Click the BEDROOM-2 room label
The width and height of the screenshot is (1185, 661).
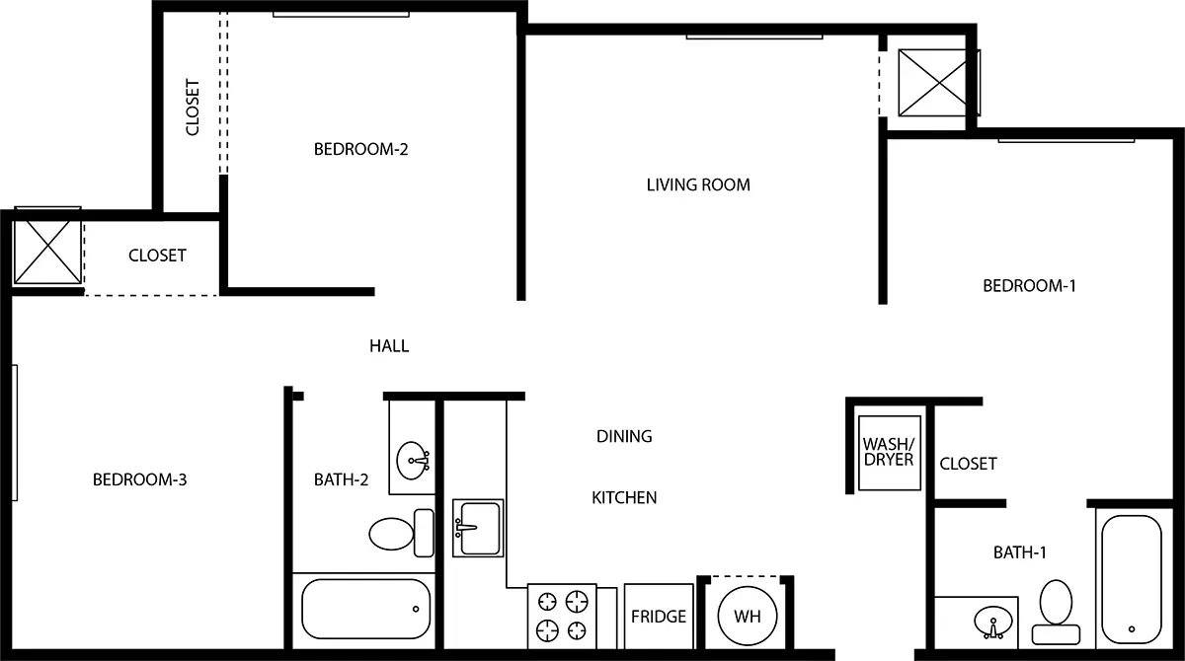[360, 150]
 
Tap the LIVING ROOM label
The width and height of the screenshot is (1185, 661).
[698, 184]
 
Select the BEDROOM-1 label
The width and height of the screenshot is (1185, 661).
[1029, 286]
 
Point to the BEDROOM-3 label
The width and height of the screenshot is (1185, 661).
[140, 480]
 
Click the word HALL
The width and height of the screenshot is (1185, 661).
[389, 346]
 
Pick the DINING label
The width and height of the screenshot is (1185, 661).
[624, 436]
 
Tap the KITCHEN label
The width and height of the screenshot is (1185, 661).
[624, 498]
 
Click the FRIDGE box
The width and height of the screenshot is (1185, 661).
[659, 617]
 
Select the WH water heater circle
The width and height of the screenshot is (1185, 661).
[747, 617]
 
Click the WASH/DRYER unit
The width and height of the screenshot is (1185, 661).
[888, 452]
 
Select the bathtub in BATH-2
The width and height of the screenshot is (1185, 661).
[365, 608]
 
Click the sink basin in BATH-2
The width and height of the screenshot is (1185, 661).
[413, 459]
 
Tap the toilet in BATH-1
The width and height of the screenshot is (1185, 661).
[1056, 605]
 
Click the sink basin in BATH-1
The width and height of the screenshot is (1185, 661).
[989, 623]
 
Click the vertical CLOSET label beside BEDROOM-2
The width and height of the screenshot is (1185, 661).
[193, 108]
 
